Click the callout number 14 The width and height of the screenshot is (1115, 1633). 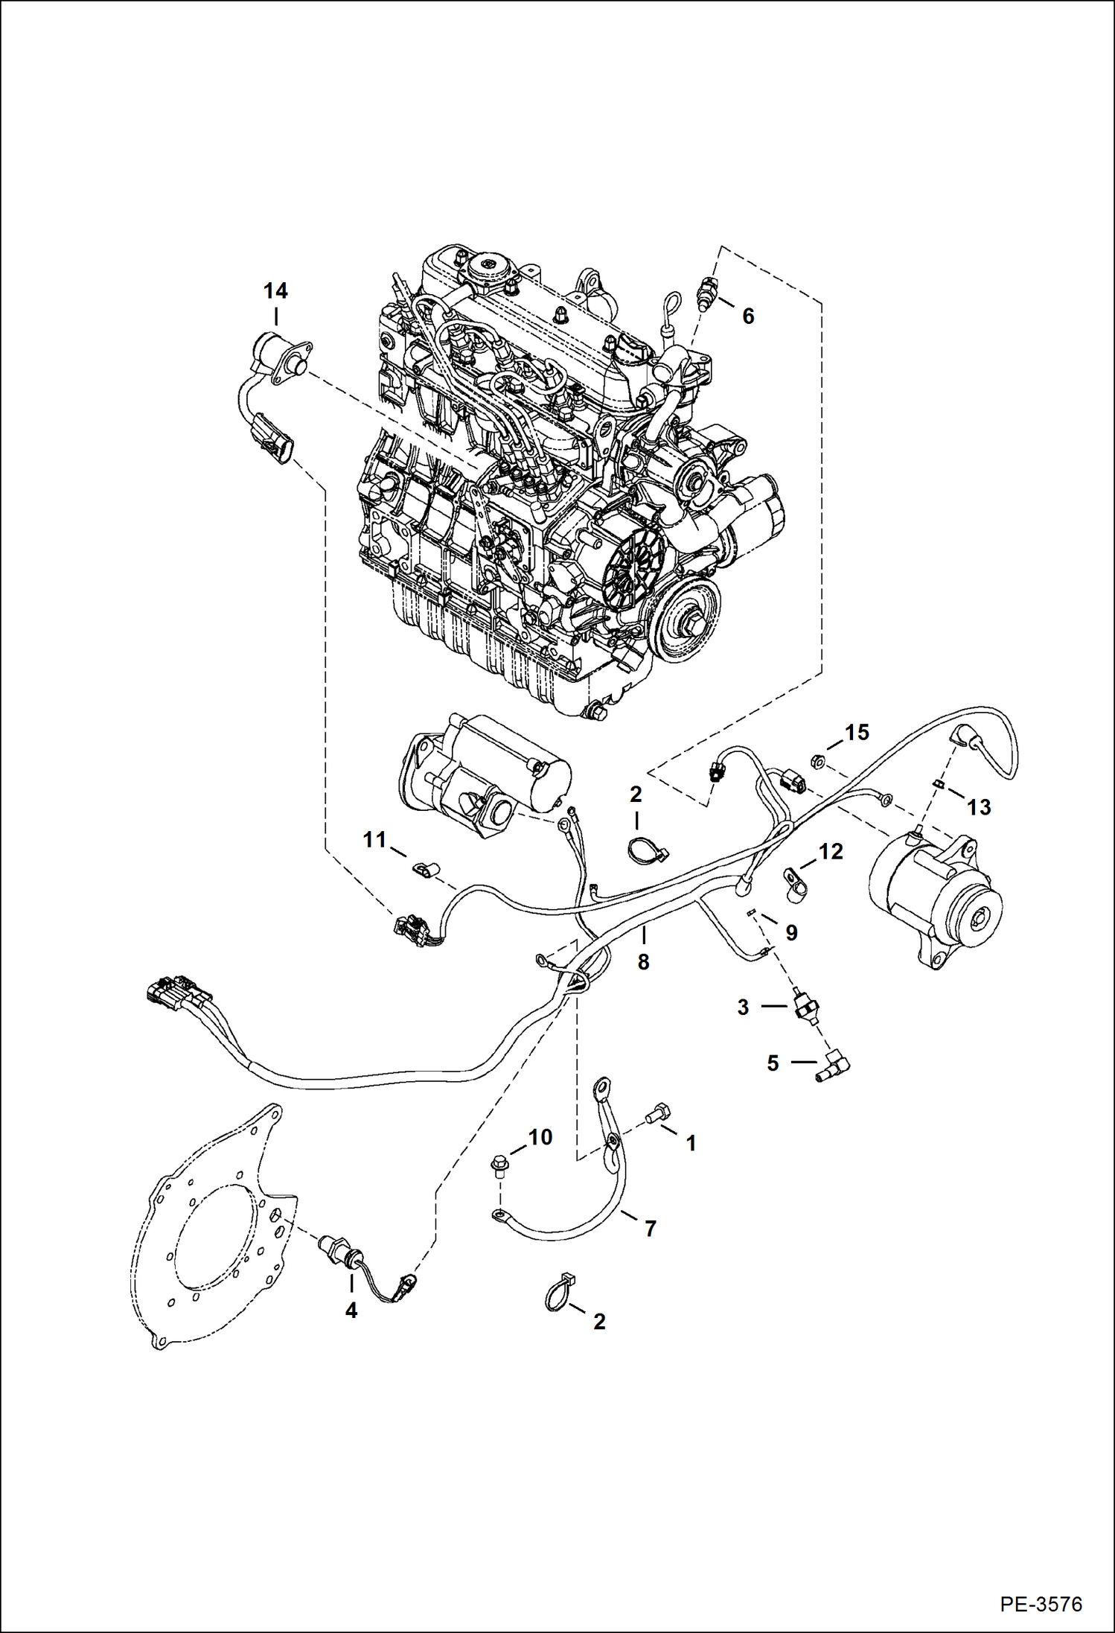click(x=275, y=291)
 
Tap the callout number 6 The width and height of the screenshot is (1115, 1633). click(x=748, y=316)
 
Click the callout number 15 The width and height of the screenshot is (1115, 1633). click(x=857, y=733)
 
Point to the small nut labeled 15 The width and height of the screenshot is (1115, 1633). click(x=816, y=761)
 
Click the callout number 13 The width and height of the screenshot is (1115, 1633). click(x=979, y=807)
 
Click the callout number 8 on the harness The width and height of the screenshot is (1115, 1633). click(x=643, y=962)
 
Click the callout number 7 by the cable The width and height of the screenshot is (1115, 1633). click(x=650, y=1229)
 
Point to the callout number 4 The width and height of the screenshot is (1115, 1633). click(x=351, y=1311)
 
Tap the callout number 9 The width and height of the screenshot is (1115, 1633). click(x=791, y=933)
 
